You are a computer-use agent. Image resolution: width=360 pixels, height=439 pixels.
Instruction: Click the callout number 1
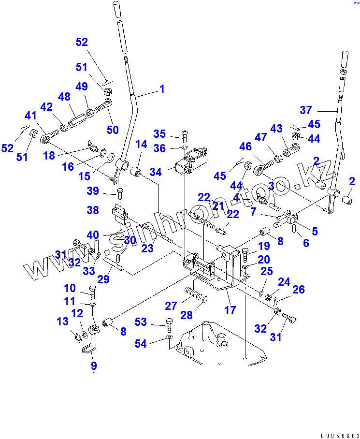[x=162, y=89]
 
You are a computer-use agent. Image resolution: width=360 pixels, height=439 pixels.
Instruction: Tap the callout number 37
[x=306, y=110]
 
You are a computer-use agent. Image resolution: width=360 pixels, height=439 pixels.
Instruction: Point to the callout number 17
[x=230, y=309]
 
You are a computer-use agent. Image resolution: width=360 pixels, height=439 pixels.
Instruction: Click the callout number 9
[x=94, y=366]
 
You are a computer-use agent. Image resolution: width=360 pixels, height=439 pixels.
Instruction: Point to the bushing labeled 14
[x=136, y=171]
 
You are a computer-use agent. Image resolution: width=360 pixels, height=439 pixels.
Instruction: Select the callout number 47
[x=261, y=138]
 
